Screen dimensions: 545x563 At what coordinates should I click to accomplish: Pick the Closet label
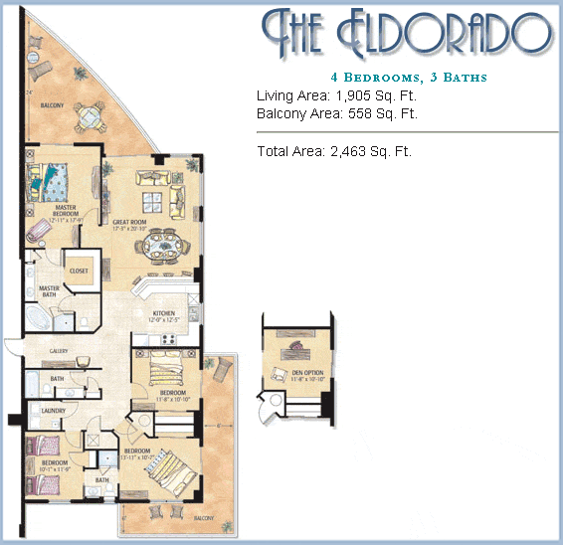coord(78,271)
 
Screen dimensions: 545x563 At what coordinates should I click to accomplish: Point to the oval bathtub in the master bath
coord(39,321)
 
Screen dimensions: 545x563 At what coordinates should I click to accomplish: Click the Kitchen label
coord(163,312)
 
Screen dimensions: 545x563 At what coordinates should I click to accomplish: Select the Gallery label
coord(60,351)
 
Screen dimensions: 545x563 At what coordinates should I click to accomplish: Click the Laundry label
coord(53,410)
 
